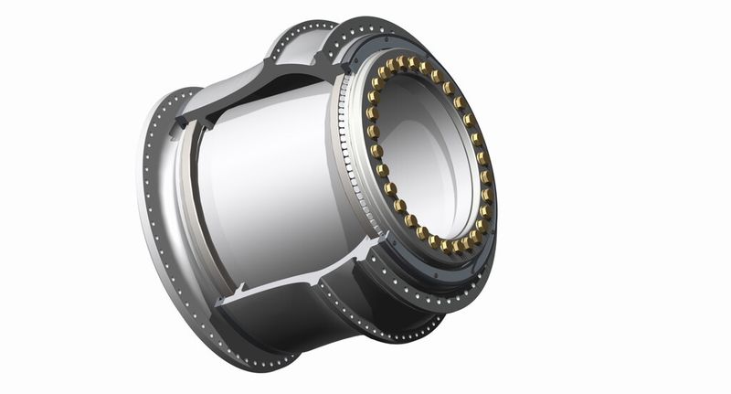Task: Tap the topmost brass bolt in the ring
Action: [x=411, y=61]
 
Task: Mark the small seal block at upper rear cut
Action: [x=187, y=120]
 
